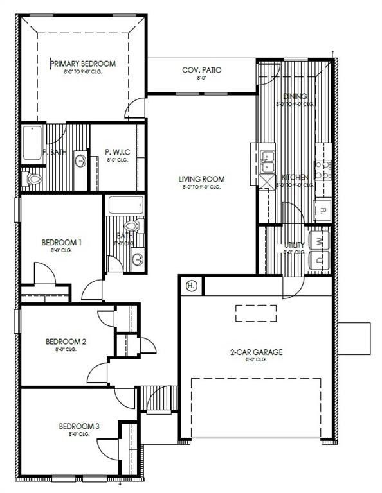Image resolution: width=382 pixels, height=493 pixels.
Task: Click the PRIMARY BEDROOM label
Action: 83,64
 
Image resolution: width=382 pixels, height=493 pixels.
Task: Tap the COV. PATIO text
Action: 202,69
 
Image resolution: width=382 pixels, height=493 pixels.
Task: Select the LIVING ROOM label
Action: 201,179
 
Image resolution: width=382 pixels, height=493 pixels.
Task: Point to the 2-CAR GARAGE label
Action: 257,352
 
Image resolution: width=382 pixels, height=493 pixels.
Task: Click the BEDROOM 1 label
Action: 62,242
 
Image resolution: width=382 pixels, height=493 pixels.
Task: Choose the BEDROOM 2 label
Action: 66,342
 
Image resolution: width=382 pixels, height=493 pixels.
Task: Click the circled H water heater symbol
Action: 191,286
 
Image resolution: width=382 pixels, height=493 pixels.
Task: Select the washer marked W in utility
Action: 320,241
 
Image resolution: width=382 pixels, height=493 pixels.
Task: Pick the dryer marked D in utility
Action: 320,260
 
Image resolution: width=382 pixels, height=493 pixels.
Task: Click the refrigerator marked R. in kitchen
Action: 322,210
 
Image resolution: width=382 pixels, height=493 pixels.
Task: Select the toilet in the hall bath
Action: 133,227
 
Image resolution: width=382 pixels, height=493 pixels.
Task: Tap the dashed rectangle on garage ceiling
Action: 255,313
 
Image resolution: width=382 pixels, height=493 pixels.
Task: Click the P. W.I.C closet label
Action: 117,152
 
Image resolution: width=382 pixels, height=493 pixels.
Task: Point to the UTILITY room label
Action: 295,245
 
